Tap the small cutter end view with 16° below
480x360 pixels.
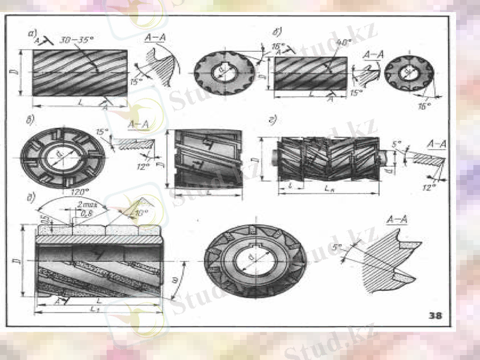(409, 73)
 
